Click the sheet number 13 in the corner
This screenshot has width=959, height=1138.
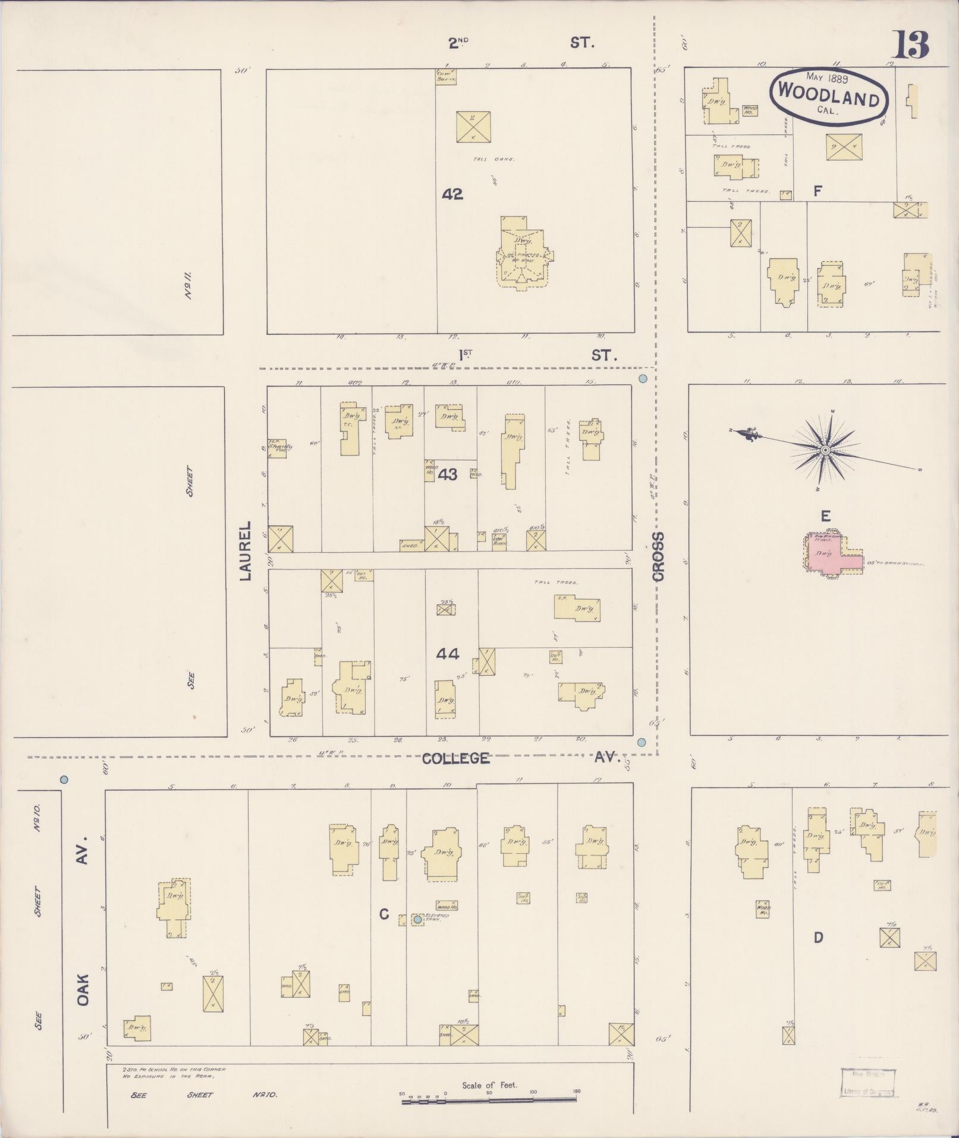coord(911,45)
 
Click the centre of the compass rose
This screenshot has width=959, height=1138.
coord(825,450)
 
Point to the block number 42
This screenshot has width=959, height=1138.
coord(452,194)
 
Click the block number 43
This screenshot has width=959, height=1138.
coord(448,475)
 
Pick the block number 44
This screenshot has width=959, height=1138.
coord(447,654)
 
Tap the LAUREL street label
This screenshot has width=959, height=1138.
coord(246,551)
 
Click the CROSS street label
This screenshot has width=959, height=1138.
coord(658,556)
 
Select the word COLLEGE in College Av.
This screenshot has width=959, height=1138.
coord(456,758)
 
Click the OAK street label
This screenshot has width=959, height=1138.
coord(83,990)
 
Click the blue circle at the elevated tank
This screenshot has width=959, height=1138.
coord(417,919)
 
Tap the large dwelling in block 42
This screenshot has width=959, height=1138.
coord(523,253)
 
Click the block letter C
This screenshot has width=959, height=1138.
coord(384,914)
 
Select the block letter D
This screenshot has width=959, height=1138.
coord(818,938)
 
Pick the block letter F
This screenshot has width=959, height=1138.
coord(817,191)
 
